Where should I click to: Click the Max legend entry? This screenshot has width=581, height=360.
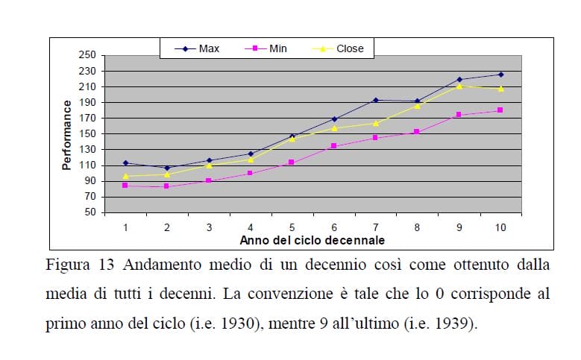coord(197,48)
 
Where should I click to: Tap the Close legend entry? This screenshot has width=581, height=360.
coord(339,48)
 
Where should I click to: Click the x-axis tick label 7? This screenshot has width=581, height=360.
coord(375,227)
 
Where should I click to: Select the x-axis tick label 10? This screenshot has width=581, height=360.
coord(500,227)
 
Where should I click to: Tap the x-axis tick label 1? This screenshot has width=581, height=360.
coord(125,227)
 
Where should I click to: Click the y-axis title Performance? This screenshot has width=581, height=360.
coord(67,135)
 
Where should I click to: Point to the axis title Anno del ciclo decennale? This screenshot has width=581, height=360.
coord(313,240)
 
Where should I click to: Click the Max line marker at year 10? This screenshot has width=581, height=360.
coord(500,75)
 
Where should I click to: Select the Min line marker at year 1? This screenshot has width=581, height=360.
coord(125,185)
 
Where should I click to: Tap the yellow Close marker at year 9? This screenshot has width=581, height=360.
coord(459,86)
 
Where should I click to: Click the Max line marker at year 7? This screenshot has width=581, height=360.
coord(375,100)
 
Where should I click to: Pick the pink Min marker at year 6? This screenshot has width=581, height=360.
coord(333,146)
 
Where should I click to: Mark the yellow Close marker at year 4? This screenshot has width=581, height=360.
coord(251,160)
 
